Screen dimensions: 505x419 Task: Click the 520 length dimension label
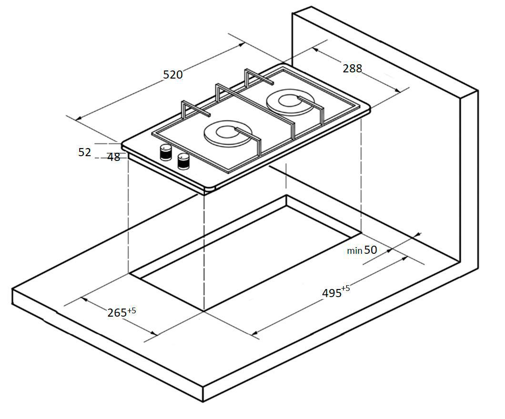tap(173, 75)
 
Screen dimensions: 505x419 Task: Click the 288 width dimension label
tap(352, 69)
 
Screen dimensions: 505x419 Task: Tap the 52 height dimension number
tap(85, 152)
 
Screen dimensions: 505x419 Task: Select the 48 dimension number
tap(114, 157)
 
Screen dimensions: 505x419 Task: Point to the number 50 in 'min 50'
tap(370, 249)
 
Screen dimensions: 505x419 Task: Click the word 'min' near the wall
tap(354, 251)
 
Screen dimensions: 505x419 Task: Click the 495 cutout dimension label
tap(332, 293)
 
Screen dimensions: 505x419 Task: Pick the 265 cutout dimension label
tap(117, 312)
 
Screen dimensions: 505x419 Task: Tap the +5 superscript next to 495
tap(345, 288)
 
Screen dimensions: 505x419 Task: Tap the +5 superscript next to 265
tap(131, 310)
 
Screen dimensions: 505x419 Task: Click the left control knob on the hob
tap(166, 152)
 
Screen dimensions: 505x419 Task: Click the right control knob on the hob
tap(184, 161)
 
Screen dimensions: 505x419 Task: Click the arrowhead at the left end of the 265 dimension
tap(84, 299)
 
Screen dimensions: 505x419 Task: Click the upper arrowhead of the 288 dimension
tap(315, 50)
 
